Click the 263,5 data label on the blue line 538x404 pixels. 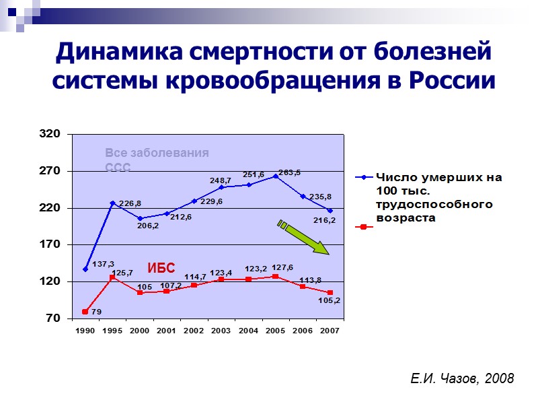(289, 172)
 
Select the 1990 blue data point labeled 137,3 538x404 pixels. (85, 269)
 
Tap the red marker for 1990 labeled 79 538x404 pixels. (85, 312)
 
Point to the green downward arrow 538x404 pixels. (303, 238)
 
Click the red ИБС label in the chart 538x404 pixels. (161, 268)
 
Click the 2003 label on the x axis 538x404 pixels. (221, 331)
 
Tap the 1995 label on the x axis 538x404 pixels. (112, 331)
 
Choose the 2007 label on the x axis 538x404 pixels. (330, 331)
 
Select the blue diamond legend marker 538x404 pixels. (364, 178)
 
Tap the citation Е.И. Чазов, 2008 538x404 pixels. (462, 379)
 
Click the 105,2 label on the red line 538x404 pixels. (328, 301)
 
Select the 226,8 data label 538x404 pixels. (130, 203)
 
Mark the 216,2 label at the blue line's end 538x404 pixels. (324, 220)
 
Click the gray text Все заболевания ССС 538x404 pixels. (157, 160)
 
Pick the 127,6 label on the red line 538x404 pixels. (283, 267)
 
